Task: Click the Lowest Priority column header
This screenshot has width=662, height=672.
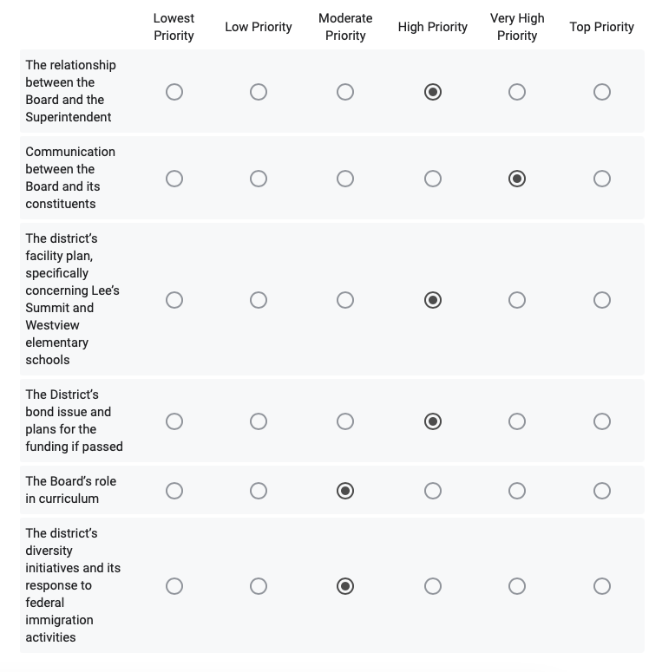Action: pos(174,27)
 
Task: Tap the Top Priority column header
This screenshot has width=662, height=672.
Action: pos(601,27)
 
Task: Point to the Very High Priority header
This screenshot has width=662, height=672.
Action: pos(517,27)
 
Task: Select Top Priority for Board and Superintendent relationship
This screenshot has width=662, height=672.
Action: pos(602,92)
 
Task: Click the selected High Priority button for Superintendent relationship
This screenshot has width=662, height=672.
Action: pos(433,92)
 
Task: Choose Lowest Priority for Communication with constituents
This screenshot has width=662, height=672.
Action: pos(174,179)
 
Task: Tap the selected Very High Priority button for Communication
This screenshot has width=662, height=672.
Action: pos(517,179)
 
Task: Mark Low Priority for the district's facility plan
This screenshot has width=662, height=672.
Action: pos(259,300)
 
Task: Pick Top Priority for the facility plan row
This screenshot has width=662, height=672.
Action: pos(602,300)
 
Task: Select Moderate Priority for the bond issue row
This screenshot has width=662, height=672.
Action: pos(345,421)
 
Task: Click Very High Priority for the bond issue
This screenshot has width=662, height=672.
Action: pos(517,421)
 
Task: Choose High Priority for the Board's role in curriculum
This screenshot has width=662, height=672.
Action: pos(433,491)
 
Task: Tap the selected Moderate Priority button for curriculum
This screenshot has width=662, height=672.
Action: pos(345,491)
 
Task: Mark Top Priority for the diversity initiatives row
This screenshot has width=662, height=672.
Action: pos(602,586)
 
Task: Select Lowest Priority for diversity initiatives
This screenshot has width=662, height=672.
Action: pos(174,586)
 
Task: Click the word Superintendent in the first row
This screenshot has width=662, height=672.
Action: pos(69,117)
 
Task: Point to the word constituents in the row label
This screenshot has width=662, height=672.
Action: pos(61,204)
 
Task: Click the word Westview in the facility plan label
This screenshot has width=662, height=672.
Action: pos(52,325)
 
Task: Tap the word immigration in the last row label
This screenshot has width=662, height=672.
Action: pos(59,620)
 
